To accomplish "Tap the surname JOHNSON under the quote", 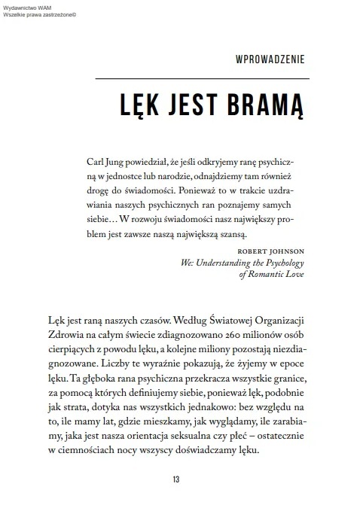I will tap(285, 251).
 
